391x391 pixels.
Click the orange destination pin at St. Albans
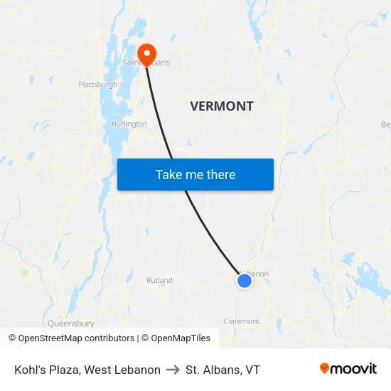147,52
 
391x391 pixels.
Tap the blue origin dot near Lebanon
245,281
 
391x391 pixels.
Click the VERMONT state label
222,107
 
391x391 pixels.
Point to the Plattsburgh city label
98,85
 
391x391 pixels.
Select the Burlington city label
129,124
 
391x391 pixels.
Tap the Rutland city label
159,280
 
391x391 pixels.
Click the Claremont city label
242,321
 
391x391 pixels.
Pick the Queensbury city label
71,323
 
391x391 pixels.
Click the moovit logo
348,369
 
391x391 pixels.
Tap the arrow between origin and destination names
173,370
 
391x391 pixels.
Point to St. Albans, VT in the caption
223,370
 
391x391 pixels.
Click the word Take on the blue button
169,174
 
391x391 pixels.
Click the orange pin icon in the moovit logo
325,368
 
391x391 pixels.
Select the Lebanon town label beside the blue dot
257,274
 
